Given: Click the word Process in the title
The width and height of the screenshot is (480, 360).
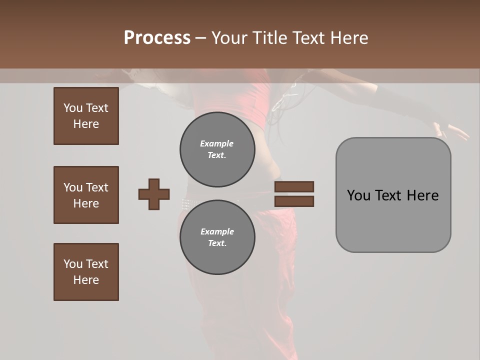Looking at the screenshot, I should (157, 38).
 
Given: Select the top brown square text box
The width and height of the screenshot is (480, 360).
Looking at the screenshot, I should (86, 116).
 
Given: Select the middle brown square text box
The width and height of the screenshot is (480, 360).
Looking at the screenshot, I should (86, 195).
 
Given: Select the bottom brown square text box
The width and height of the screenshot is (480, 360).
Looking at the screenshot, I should (86, 272).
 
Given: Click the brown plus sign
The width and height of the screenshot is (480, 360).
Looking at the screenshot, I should (154, 194).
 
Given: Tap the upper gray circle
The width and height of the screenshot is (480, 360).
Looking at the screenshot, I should (217, 149).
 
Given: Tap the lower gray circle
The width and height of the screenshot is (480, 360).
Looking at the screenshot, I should (217, 237).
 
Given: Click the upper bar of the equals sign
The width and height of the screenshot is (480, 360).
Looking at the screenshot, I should (294, 186).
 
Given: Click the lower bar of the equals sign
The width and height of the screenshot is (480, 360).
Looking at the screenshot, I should (294, 201).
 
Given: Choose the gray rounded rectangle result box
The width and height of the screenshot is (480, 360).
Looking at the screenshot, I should (393, 195).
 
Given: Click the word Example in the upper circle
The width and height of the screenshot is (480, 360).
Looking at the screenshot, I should (217, 143).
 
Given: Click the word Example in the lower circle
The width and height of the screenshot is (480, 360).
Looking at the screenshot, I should (217, 231).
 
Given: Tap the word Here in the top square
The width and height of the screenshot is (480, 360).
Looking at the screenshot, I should (86, 124).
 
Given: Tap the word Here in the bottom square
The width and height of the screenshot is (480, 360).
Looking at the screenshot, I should (86, 280).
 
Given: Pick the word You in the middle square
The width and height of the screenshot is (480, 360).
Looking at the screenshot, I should (72, 187).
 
